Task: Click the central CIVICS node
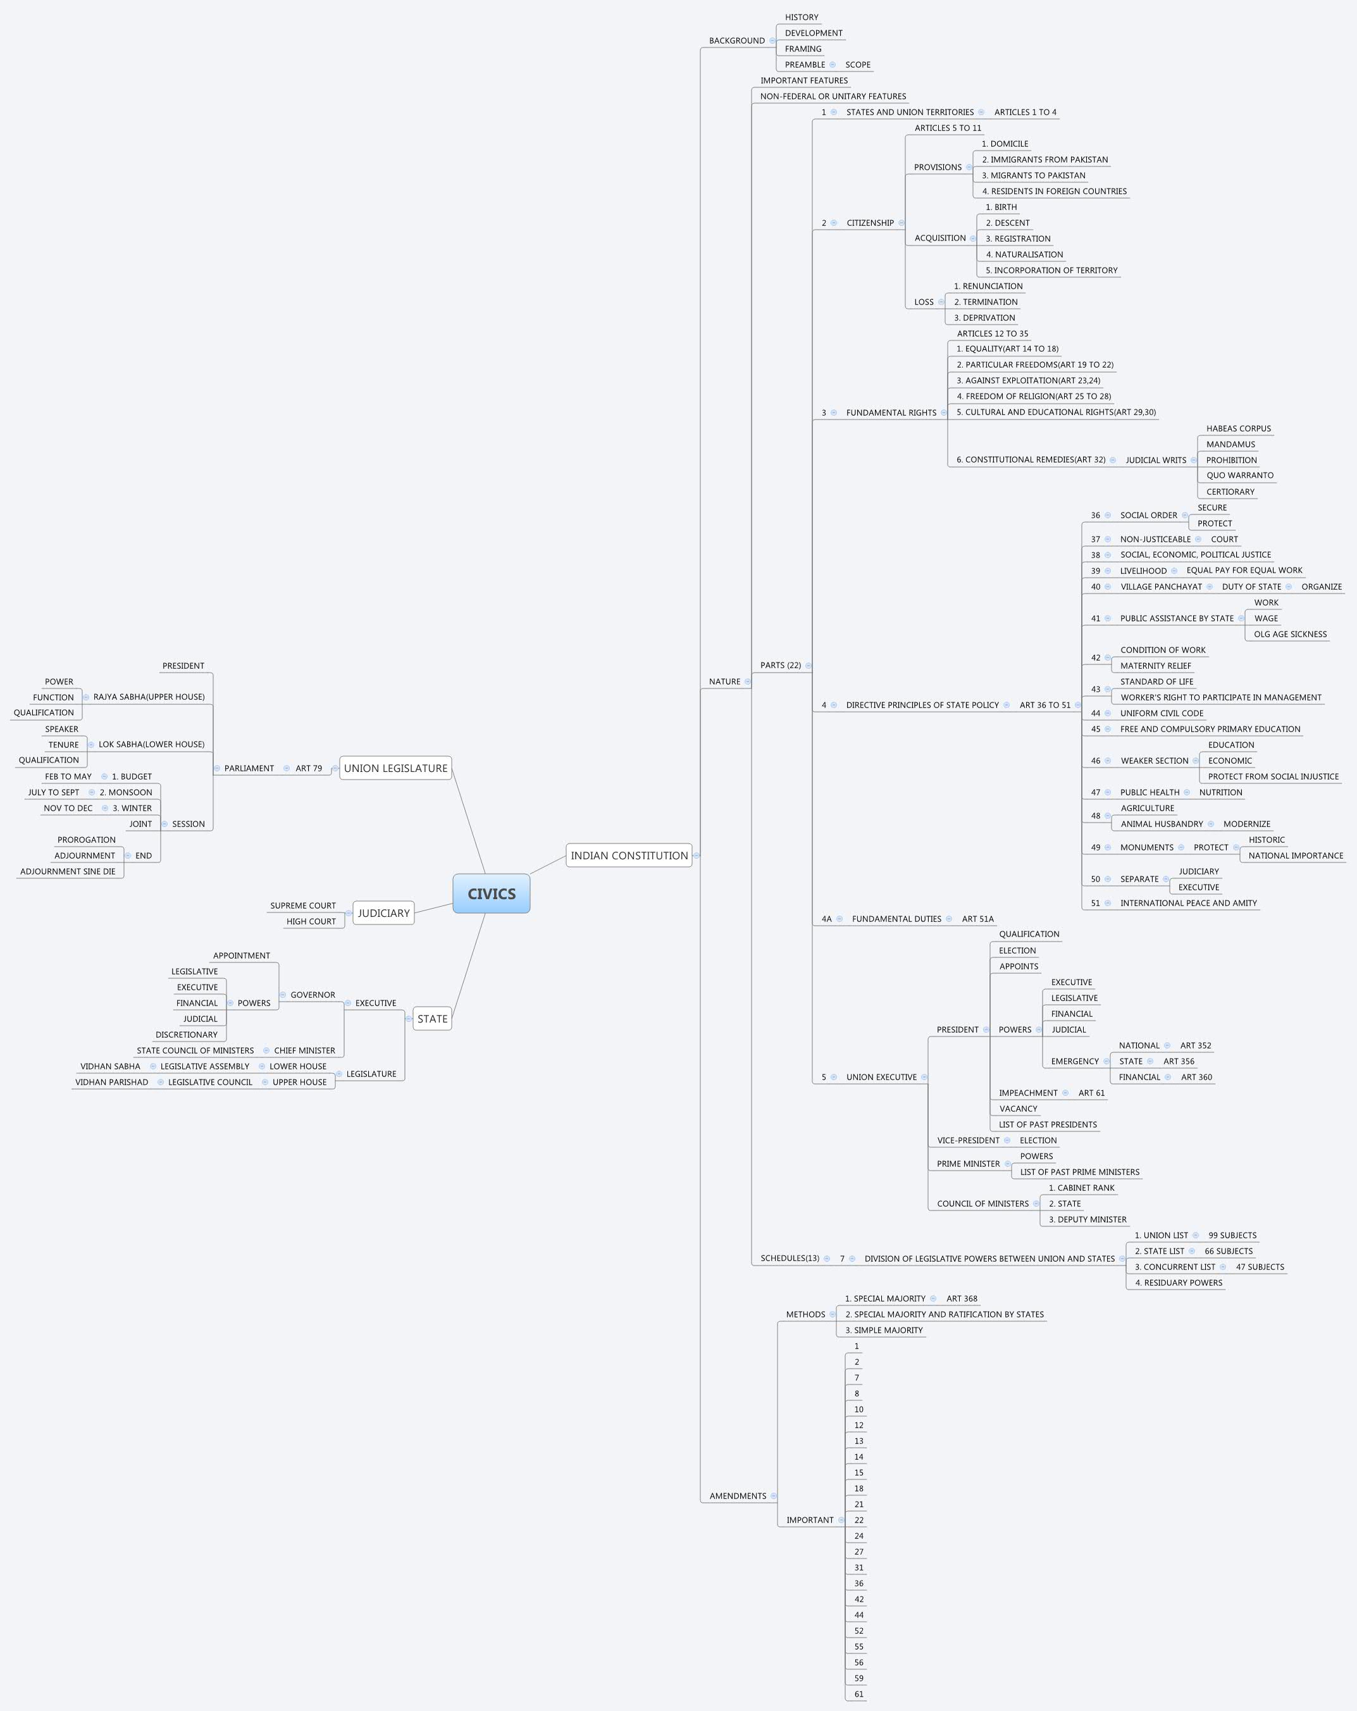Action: [x=491, y=893]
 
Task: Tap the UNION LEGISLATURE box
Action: [x=395, y=768]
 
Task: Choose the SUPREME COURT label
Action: [x=302, y=905]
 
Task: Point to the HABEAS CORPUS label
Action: [x=1238, y=428]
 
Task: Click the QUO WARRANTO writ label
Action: [x=1239, y=475]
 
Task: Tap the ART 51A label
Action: [x=977, y=919]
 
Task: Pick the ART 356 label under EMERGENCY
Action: [x=1179, y=1061]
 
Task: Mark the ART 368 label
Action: [x=961, y=1299]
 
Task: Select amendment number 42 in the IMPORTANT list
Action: [x=858, y=1599]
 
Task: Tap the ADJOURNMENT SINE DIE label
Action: [x=68, y=871]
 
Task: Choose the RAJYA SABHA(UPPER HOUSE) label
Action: [x=149, y=697]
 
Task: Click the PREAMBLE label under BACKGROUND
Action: [x=805, y=65]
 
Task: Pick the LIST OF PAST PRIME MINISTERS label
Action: [x=1079, y=1172]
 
